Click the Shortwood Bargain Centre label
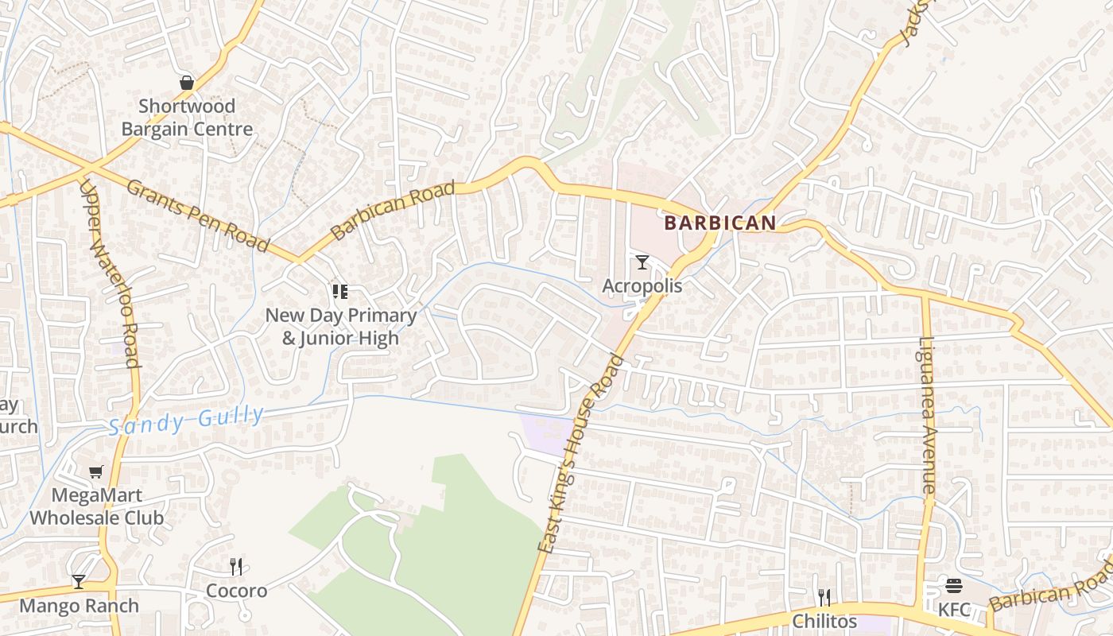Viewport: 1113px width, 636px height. coord(187,118)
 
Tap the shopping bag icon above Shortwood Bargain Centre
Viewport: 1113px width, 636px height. coord(187,83)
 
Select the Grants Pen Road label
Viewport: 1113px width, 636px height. coord(198,215)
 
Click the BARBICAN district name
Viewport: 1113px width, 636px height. coord(719,223)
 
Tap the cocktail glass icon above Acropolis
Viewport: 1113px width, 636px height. coord(642,262)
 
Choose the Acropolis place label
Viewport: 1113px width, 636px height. coord(642,285)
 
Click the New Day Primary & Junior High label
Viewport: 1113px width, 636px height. coord(340,326)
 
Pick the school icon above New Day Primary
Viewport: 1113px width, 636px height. coord(340,292)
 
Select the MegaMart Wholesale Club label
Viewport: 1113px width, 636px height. coord(96,506)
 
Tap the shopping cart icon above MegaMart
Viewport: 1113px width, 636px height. coord(96,471)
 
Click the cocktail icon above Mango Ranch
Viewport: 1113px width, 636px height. coord(78,582)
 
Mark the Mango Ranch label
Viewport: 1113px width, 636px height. coord(79,606)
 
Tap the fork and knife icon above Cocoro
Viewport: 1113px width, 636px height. coord(236,567)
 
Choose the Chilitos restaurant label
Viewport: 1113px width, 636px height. coord(824,621)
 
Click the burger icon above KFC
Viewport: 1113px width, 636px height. coord(954,586)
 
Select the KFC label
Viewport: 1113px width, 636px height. coord(954,610)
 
